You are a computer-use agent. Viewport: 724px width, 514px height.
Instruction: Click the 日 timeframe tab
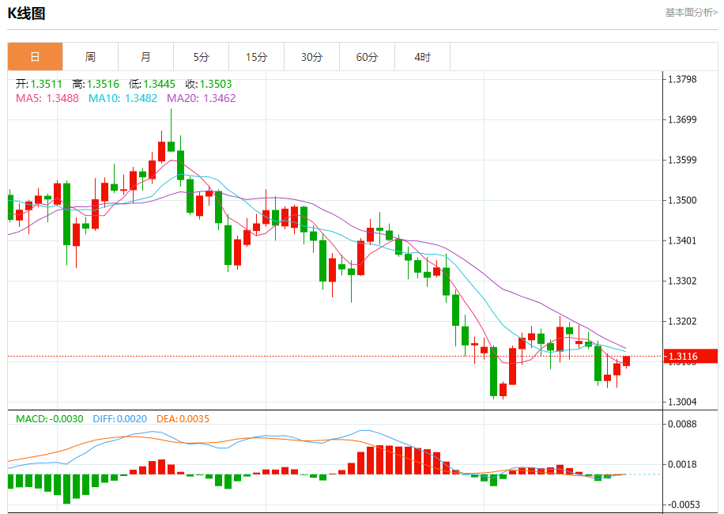35,57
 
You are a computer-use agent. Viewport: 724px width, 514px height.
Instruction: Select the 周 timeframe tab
90,57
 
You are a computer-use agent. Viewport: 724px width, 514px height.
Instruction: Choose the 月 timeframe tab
145,57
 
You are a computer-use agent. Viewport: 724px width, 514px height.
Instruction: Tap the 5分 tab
201,57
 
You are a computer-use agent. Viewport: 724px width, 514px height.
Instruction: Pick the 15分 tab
256,57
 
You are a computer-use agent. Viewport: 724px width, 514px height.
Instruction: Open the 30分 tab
311,57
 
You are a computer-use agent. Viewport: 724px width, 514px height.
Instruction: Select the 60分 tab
367,57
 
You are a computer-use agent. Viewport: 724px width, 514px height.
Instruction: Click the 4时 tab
422,57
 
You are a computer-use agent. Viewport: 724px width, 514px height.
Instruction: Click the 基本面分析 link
691,13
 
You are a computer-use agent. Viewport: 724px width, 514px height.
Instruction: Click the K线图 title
27,13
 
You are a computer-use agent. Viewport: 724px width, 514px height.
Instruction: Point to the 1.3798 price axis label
684,79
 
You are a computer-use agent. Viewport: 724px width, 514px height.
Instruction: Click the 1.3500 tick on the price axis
684,200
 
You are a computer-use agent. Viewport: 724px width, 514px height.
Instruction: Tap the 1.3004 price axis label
684,402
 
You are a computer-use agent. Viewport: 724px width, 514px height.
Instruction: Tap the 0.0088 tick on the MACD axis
684,424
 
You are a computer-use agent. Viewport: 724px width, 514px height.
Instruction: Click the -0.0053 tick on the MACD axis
684,504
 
